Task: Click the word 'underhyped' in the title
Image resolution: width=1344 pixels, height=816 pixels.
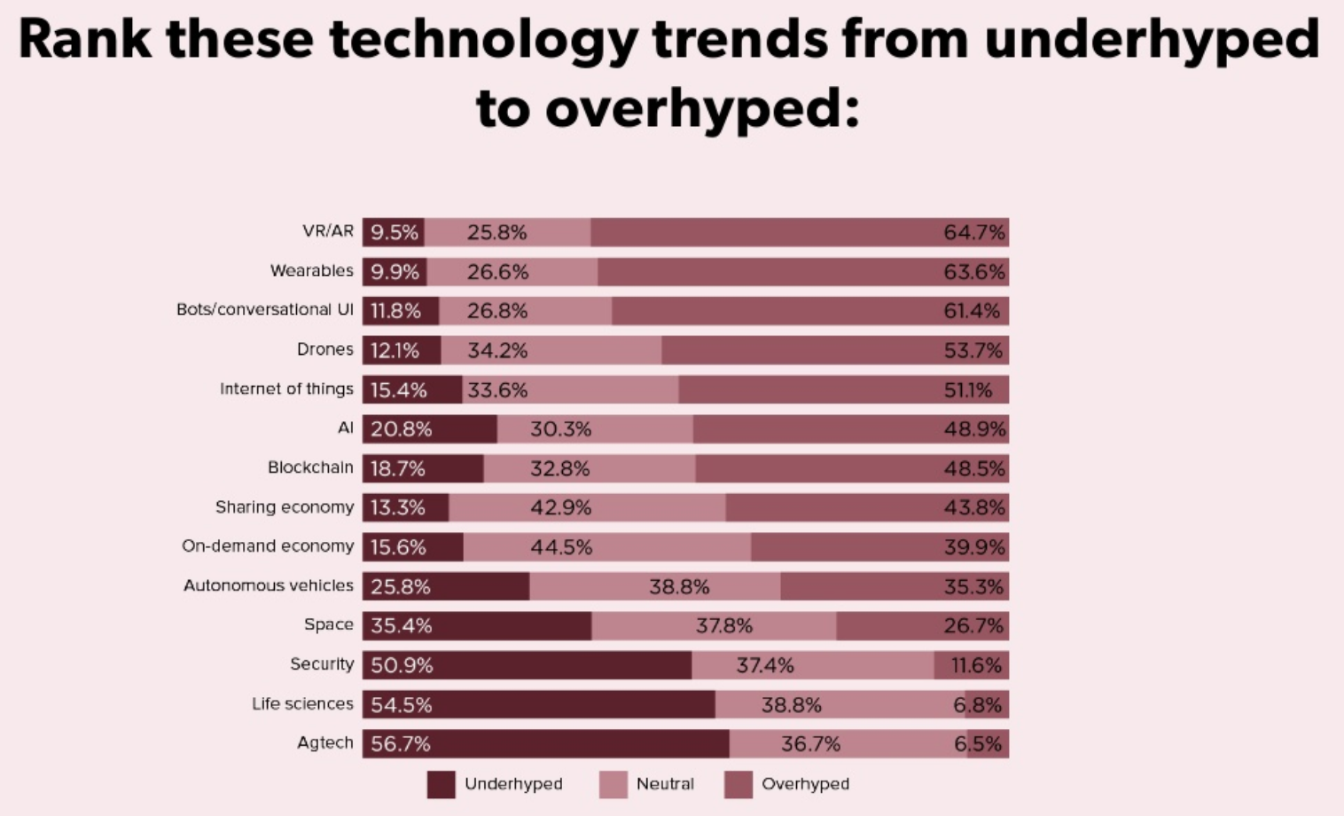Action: click(x=1152, y=41)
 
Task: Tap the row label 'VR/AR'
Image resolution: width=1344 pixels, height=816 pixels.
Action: click(x=327, y=231)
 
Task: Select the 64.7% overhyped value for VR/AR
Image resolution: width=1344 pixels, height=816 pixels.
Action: click(x=973, y=232)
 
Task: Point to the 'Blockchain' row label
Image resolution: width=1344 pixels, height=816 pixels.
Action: click(x=310, y=467)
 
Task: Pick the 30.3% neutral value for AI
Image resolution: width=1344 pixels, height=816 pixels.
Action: click(x=560, y=429)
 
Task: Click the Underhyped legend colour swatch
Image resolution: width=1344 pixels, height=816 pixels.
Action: click(x=441, y=784)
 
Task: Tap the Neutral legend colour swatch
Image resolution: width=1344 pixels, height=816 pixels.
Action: click(x=613, y=784)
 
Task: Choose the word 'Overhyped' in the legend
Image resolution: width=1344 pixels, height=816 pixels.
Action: click(x=805, y=784)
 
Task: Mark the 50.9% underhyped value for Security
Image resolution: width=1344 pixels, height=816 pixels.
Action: click(x=402, y=665)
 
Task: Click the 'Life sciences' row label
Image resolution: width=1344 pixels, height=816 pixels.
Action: click(x=302, y=703)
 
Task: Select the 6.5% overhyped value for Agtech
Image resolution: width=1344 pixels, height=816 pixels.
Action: click(x=978, y=743)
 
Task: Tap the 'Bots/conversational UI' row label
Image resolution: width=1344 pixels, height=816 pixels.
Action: click(x=264, y=310)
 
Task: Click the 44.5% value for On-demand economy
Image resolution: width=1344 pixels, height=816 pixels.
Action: click(x=560, y=547)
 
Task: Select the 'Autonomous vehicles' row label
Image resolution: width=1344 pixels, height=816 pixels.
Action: click(x=268, y=585)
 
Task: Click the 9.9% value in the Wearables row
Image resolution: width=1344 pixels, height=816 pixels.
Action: click(x=394, y=271)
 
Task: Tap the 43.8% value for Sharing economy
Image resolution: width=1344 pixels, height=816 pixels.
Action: click(x=973, y=507)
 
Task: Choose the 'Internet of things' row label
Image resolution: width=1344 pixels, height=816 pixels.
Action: click(x=286, y=388)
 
